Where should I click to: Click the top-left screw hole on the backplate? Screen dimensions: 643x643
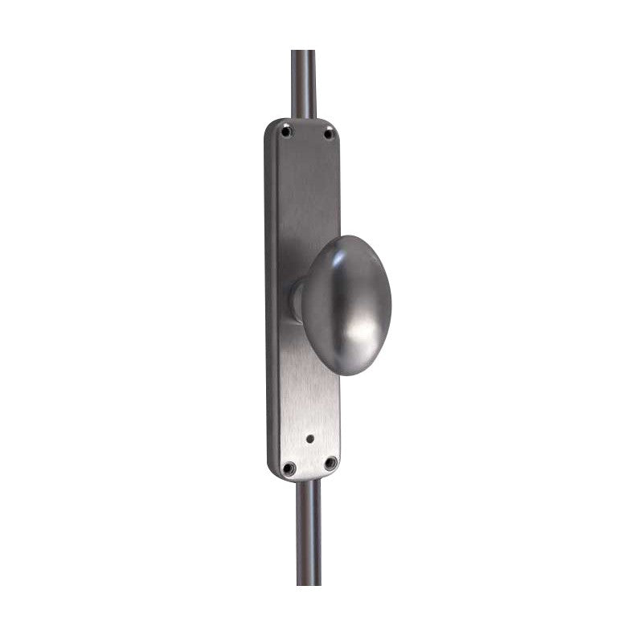pyautogui.click(x=288, y=129)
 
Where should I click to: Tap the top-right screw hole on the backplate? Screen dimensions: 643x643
pyautogui.click(x=328, y=133)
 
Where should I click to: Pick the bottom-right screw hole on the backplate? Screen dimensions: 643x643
pyautogui.click(x=330, y=463)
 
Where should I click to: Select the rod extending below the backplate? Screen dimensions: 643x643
pyautogui.click(x=308, y=530)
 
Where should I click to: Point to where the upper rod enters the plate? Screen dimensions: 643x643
pyautogui.click(x=304, y=119)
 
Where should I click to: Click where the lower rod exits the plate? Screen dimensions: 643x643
pyautogui.click(x=309, y=481)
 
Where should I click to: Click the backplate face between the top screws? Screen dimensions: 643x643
pyautogui.click(x=308, y=133)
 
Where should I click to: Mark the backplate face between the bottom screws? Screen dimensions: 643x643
pyautogui.click(x=309, y=466)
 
